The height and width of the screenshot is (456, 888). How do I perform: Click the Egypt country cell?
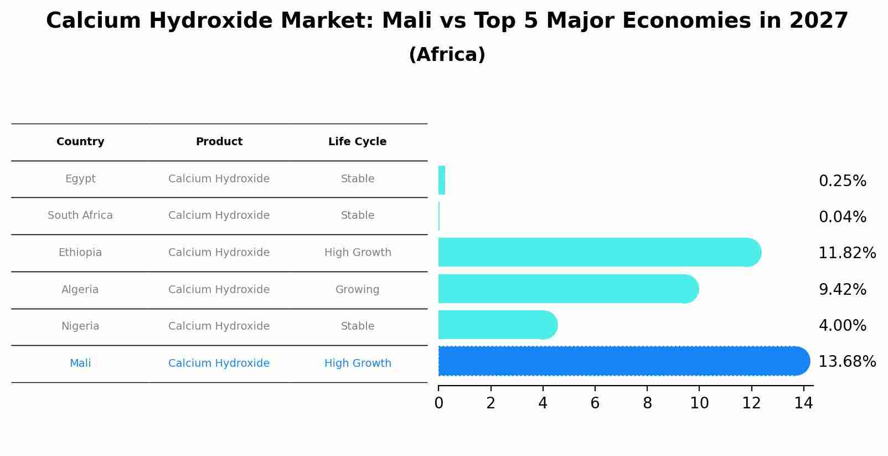point(80,179)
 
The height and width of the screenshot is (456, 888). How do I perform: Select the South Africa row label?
point(80,216)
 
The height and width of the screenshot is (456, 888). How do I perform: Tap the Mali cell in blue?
point(80,363)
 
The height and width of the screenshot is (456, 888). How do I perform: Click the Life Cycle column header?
point(357,142)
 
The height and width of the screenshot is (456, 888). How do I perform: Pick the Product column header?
point(219,142)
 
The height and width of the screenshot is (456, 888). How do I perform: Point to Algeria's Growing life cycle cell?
point(357,290)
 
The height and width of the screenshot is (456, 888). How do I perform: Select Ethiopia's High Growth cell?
point(357,253)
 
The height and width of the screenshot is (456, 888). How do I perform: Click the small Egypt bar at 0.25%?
point(442,180)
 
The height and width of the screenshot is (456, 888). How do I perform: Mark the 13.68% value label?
point(846,362)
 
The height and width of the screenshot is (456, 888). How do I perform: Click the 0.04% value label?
point(842,217)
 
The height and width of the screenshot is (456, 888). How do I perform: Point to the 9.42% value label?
point(842,290)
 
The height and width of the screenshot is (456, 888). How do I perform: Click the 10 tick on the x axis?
point(699,403)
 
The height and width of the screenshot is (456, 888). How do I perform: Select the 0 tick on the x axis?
point(438,403)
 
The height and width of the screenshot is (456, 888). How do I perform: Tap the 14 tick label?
point(803,403)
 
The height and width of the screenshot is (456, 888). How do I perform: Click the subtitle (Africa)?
point(447,55)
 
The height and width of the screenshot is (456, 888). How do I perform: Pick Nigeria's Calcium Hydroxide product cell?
point(219,326)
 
